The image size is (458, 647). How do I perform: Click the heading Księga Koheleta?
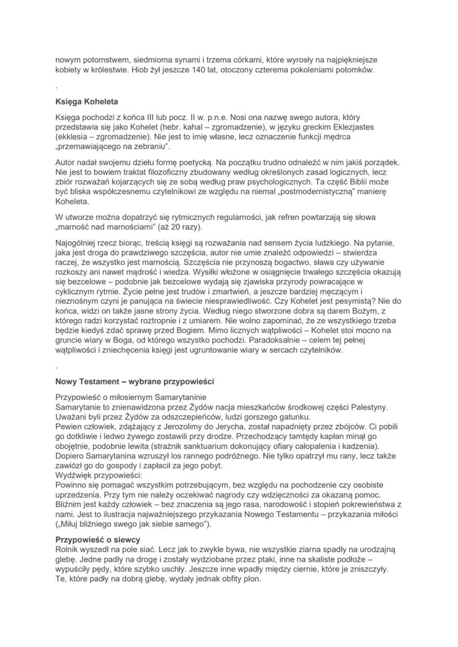tap(86, 102)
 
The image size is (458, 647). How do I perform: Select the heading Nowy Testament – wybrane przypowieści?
tap(134, 381)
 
